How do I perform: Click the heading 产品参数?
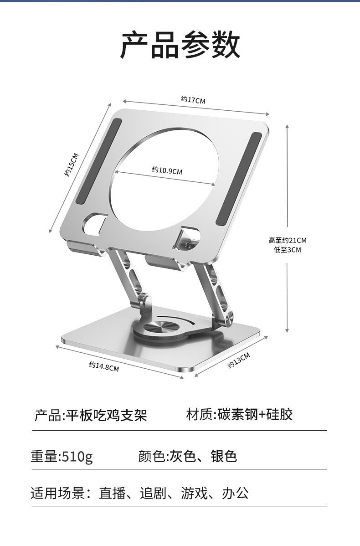point(180,45)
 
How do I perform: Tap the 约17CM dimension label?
point(193,100)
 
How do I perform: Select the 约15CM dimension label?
point(72,165)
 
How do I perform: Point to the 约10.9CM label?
point(166,171)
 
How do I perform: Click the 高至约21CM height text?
point(287,240)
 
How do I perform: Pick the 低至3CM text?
point(287,250)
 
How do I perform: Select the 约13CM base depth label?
point(239,361)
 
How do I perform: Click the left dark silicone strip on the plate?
point(98,161)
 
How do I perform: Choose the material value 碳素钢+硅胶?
point(255,414)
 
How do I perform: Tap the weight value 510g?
point(77,456)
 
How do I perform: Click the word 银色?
point(224,456)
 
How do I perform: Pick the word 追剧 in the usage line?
point(153,493)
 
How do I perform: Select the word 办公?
point(235,493)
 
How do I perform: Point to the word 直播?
point(112,493)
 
